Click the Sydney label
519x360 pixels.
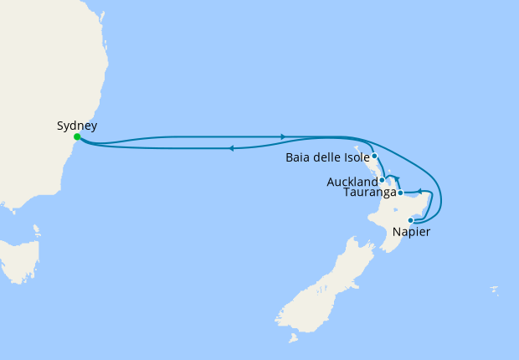(x=77, y=126)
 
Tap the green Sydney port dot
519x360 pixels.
(x=77, y=136)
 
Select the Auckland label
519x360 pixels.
(x=353, y=182)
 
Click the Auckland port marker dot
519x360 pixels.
(x=382, y=180)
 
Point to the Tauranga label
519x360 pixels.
(x=369, y=193)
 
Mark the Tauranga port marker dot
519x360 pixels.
(x=400, y=193)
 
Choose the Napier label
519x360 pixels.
(x=411, y=232)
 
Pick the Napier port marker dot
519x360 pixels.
(x=410, y=220)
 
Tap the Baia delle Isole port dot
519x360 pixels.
(x=374, y=156)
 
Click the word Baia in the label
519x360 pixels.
(x=299, y=157)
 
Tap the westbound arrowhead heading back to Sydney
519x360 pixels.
(x=230, y=148)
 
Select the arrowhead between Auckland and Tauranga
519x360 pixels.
(x=398, y=178)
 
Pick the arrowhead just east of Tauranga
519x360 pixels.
(x=419, y=192)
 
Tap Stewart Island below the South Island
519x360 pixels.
(x=293, y=338)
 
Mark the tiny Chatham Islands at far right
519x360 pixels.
(x=495, y=291)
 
